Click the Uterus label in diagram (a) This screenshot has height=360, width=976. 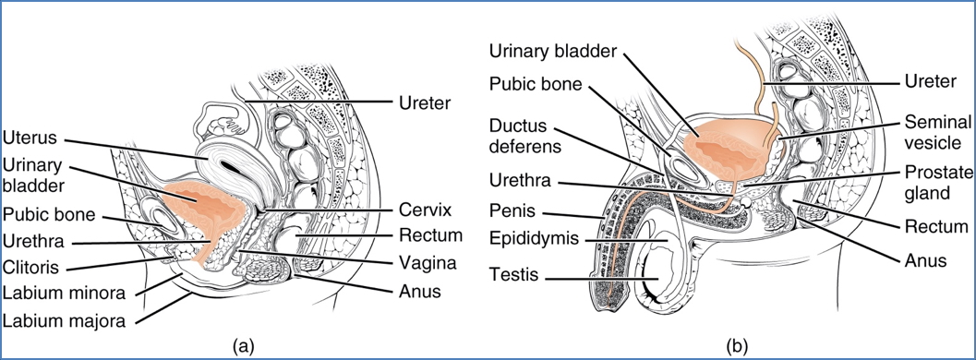coord(30,138)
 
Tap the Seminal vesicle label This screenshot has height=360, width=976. coord(933,131)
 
